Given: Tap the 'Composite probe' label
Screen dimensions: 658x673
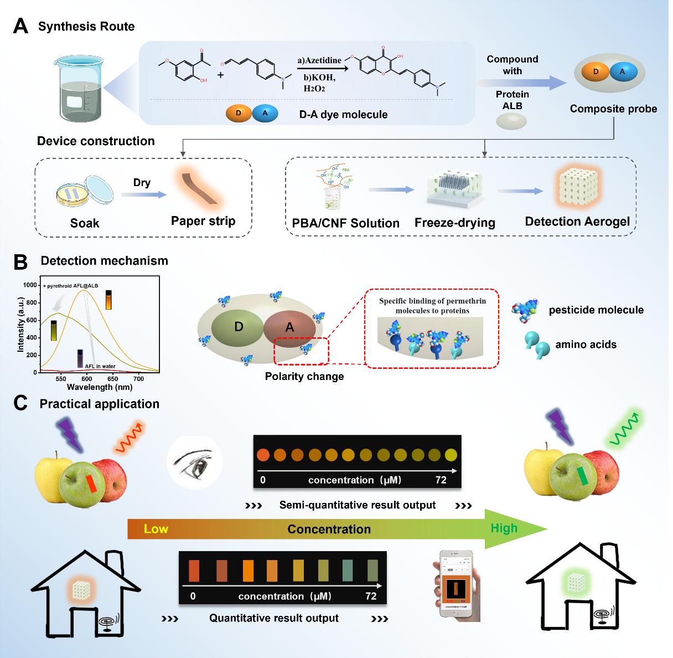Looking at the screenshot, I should click(x=613, y=109).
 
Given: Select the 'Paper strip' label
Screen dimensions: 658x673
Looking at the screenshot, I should click(x=203, y=221).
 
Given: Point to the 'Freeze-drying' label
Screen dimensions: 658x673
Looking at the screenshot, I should click(x=454, y=223).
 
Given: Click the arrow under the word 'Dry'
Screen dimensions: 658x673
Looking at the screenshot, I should click(x=142, y=195).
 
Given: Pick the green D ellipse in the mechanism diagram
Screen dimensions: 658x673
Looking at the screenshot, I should click(x=239, y=326).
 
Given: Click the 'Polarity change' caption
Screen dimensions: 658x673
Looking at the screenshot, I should click(x=304, y=377).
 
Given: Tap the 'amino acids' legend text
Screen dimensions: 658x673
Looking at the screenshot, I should click(x=586, y=345).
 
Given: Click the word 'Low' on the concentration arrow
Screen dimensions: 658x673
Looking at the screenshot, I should click(x=156, y=529).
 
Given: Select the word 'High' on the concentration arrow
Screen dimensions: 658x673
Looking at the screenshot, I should click(x=504, y=528).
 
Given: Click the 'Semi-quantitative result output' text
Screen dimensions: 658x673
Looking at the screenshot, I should click(x=357, y=505).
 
